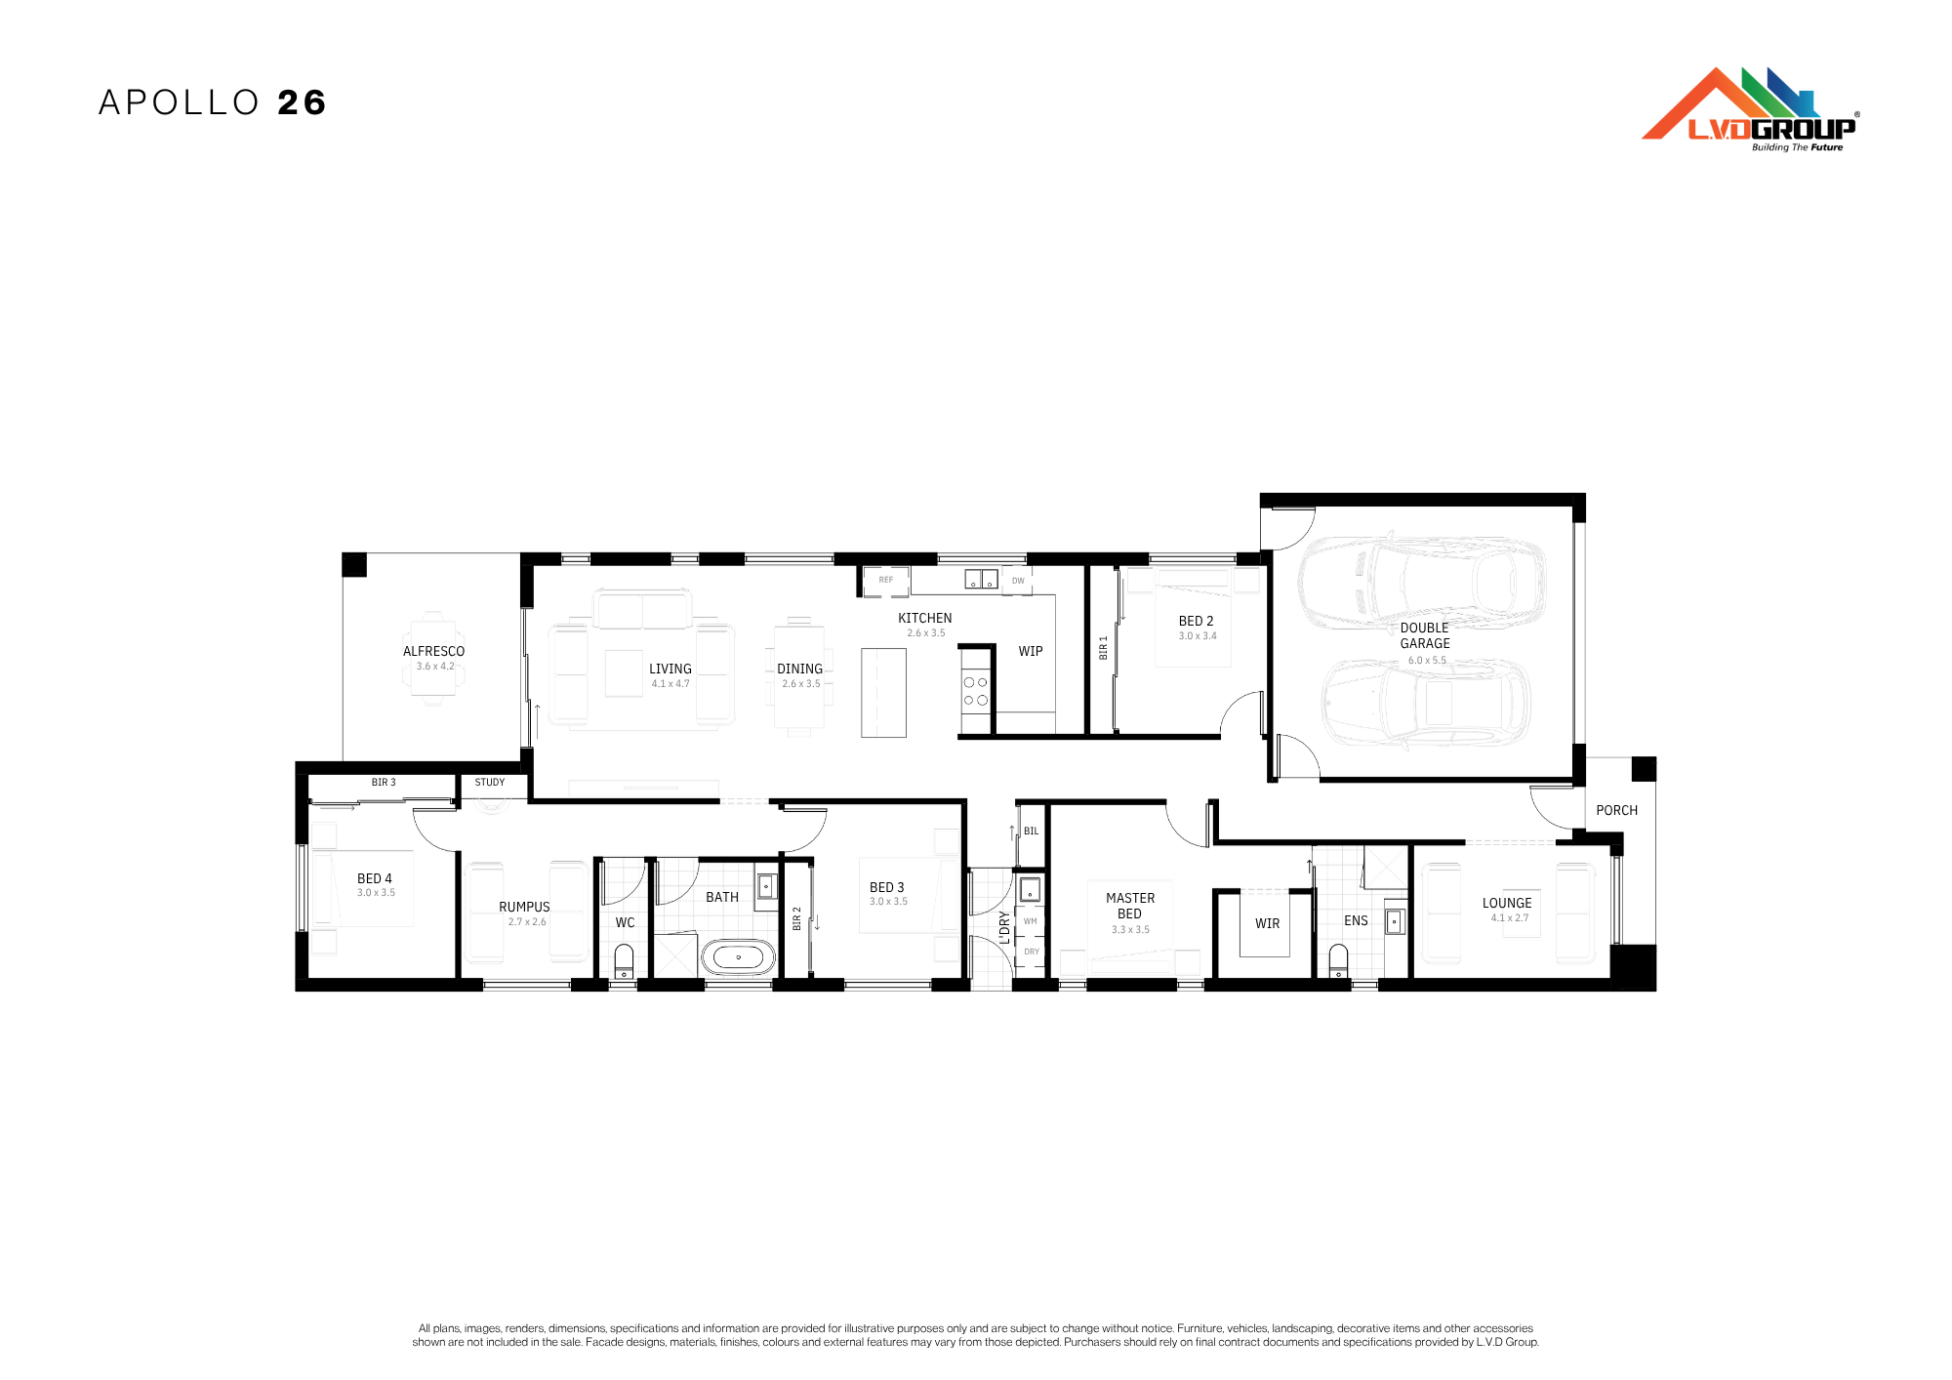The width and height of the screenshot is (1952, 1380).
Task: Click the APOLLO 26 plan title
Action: coord(212,102)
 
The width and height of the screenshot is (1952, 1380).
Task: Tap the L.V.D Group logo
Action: coord(1751,109)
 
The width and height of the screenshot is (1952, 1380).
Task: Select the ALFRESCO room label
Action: coord(434,651)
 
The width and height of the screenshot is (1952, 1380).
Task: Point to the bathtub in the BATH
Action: coord(738,957)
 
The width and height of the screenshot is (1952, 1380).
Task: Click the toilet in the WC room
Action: coord(624,960)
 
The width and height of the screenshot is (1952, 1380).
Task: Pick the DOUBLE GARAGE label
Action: coord(1425,635)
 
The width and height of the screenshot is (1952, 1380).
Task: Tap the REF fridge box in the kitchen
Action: coord(886,581)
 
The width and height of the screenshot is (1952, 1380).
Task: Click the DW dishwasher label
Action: coord(1018,581)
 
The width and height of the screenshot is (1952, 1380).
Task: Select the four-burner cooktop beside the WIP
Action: coord(976,691)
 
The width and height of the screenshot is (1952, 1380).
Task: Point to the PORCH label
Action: coord(1617,810)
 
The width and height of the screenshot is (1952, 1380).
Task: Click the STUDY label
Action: coord(490,782)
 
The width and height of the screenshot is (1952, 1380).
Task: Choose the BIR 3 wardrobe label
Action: coord(384,782)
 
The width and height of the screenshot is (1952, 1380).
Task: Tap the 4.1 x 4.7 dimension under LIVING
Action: coord(671,683)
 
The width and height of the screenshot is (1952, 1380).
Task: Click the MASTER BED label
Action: coord(1130,906)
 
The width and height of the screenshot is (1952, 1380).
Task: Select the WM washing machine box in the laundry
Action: coord(1031,921)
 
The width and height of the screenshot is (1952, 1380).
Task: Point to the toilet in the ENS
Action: coord(1338,960)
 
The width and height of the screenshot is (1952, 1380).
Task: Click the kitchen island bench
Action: coord(883,693)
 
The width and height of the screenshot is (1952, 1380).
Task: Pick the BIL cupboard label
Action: coord(1032,832)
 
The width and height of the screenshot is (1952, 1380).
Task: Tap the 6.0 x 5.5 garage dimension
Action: coord(1427,661)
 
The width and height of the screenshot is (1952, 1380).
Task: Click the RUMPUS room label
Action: coord(524,907)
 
